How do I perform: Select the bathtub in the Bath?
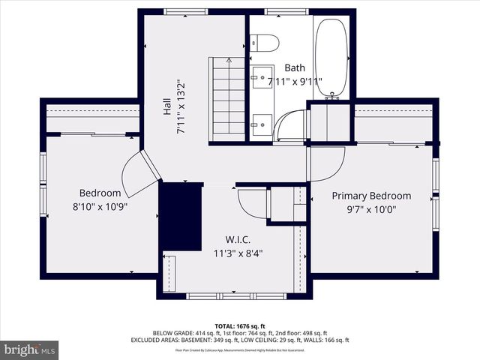click(x=331, y=57)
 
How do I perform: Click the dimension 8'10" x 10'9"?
click(x=100, y=205)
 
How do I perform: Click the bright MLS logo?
click(x=30, y=349)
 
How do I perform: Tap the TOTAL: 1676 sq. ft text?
click(x=241, y=325)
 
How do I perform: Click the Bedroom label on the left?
click(x=100, y=193)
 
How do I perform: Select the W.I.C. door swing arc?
click(x=253, y=202)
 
